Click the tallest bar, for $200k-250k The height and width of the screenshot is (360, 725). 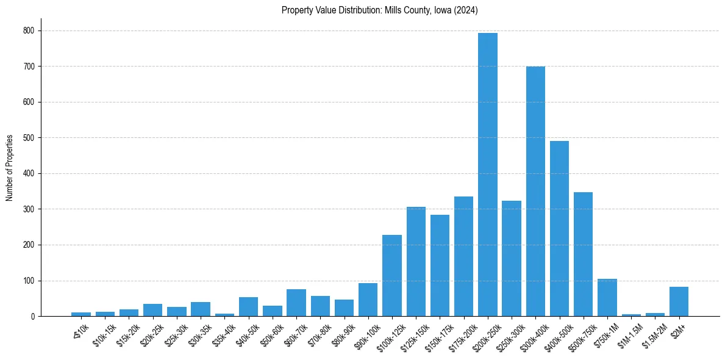tap(487, 175)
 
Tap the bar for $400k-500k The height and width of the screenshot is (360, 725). tap(559, 229)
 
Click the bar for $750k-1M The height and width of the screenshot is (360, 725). tap(607, 298)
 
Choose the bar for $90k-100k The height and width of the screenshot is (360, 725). tap(368, 300)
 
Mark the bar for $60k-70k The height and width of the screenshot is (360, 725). tap(296, 303)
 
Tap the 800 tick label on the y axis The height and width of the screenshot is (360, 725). tap(29, 31)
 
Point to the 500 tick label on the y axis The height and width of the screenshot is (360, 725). tap(29, 138)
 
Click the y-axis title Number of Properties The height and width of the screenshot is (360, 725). tap(9, 168)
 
